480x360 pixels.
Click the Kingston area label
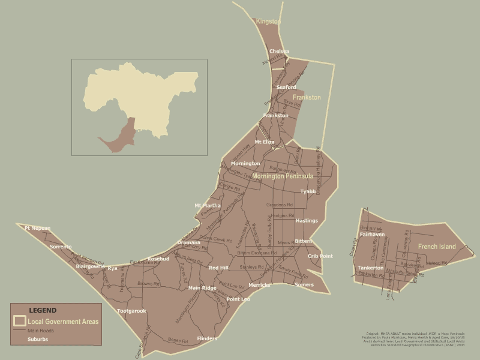[x=268, y=22]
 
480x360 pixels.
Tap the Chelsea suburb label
[x=279, y=52]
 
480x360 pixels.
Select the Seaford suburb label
[x=286, y=87]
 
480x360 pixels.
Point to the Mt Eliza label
[x=265, y=142]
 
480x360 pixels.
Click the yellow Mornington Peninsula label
[x=282, y=176]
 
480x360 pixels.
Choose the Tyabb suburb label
[x=308, y=192]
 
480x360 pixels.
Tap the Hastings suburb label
[x=307, y=221]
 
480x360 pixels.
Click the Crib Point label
[x=320, y=256]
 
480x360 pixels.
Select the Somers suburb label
[x=304, y=284]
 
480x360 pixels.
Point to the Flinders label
[x=207, y=339]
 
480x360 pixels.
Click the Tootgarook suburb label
[x=131, y=311]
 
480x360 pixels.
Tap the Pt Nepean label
[x=37, y=228]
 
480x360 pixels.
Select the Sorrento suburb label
[x=60, y=247]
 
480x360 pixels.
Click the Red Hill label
[x=218, y=268]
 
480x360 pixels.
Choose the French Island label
[x=437, y=247]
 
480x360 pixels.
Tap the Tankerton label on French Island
[x=370, y=268]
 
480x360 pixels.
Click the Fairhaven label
[x=372, y=235]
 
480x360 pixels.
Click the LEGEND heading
[x=43, y=311]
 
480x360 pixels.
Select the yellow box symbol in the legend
[x=20, y=322]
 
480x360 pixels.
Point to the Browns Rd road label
[x=148, y=283]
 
